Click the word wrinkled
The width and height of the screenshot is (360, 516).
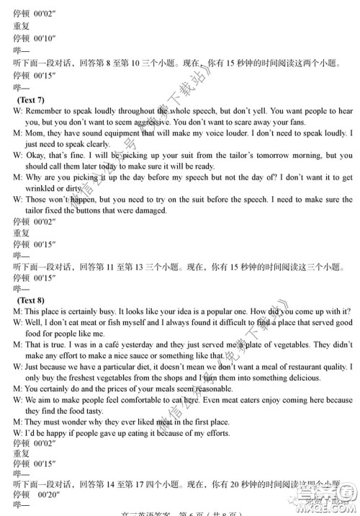27,187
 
